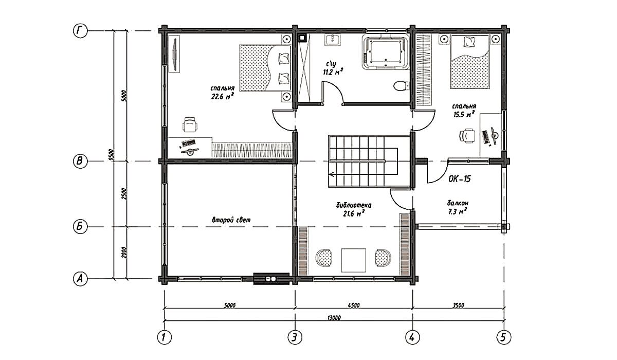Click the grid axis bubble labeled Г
(80, 30)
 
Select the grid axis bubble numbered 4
(412, 337)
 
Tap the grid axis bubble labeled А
(80, 279)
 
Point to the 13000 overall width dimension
(334, 318)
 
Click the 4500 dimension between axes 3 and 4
(354, 305)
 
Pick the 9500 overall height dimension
(111, 155)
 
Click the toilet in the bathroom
(401, 86)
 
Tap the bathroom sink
(333, 40)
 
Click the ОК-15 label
(460, 179)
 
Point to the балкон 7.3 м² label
(458, 207)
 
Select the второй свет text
(231, 220)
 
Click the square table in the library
(354, 260)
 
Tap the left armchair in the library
(323, 258)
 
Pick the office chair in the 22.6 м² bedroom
(190, 124)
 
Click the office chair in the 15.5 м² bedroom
(467, 136)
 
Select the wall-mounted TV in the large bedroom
(174, 55)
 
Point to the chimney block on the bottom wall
(271, 279)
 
